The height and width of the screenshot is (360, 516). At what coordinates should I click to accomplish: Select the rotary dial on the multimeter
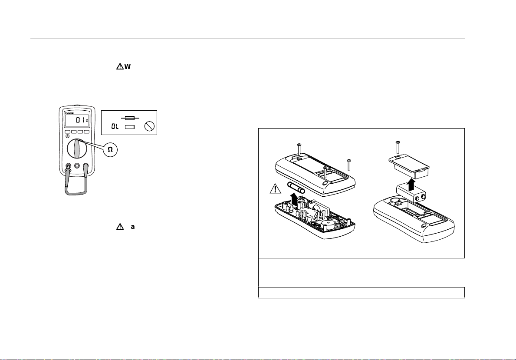click(77, 148)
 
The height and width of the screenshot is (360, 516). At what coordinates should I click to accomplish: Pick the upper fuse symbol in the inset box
click(129, 118)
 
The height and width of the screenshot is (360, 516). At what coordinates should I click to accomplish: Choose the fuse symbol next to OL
click(129, 127)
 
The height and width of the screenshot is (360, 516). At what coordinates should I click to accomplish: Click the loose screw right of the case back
click(348, 165)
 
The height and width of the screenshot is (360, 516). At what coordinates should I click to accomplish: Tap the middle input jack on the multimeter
click(77, 165)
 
